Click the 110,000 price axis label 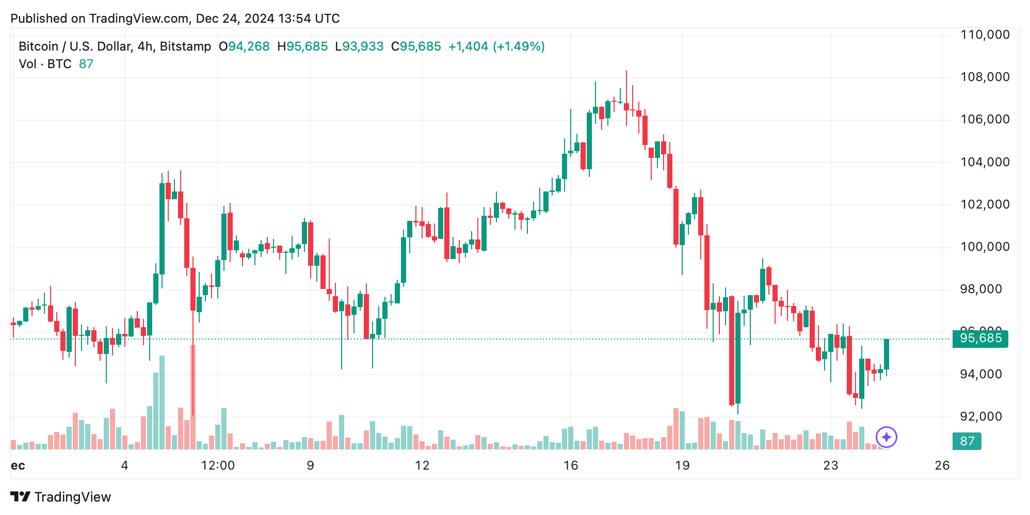985,35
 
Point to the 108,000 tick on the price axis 985,77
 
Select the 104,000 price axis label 985,163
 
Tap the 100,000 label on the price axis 985,247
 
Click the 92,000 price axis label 980,417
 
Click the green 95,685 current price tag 980,339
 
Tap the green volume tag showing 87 967,441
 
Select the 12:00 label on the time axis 218,466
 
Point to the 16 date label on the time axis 571,466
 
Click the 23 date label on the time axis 830,466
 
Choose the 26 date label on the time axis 942,466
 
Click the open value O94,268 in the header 244,46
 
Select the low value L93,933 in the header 359,46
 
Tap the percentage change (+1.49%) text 519,46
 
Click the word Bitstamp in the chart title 185,46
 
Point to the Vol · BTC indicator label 45,64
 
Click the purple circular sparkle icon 887,438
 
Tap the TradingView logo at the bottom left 61,497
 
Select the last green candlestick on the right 887,354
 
